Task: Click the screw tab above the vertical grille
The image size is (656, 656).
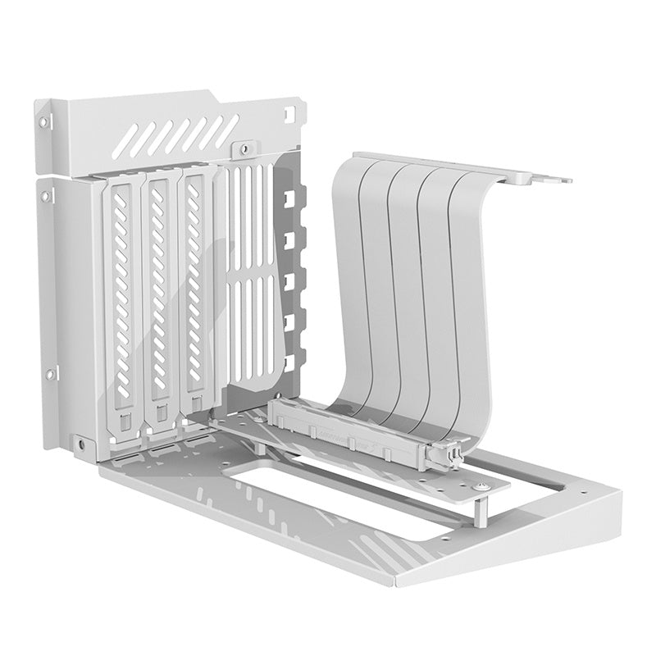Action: click(x=242, y=149)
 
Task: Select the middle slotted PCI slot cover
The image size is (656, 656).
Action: click(x=159, y=295)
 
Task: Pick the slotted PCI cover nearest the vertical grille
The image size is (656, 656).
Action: click(x=195, y=295)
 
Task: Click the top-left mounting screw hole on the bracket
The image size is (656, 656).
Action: click(x=43, y=121)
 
